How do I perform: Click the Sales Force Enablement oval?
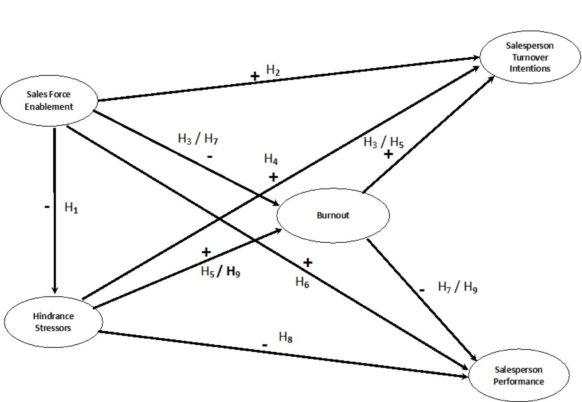(x=49, y=101)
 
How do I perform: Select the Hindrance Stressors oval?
(x=53, y=322)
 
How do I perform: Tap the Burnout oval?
(x=333, y=215)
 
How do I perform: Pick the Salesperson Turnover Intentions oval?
(x=530, y=57)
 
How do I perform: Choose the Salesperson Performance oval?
(x=518, y=375)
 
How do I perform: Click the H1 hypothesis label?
(x=71, y=208)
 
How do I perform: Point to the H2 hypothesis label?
(x=273, y=70)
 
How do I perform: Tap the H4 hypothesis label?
(x=271, y=159)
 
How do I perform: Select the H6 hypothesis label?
(x=302, y=282)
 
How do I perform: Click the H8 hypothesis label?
(x=286, y=337)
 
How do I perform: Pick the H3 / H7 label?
(x=198, y=139)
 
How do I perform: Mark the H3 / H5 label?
(x=383, y=142)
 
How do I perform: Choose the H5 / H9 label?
(x=220, y=271)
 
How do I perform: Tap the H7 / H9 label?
(x=457, y=287)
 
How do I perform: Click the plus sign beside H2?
(x=255, y=76)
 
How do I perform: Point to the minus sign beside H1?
(x=47, y=207)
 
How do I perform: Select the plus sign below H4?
(x=273, y=177)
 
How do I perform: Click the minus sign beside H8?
(x=265, y=345)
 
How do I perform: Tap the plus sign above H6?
(x=307, y=263)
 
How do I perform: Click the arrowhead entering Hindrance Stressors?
(x=55, y=290)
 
